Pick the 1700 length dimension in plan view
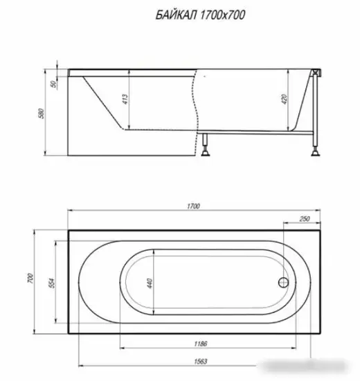[195, 206]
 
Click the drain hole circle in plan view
[282, 283]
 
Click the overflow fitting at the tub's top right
[316, 72]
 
